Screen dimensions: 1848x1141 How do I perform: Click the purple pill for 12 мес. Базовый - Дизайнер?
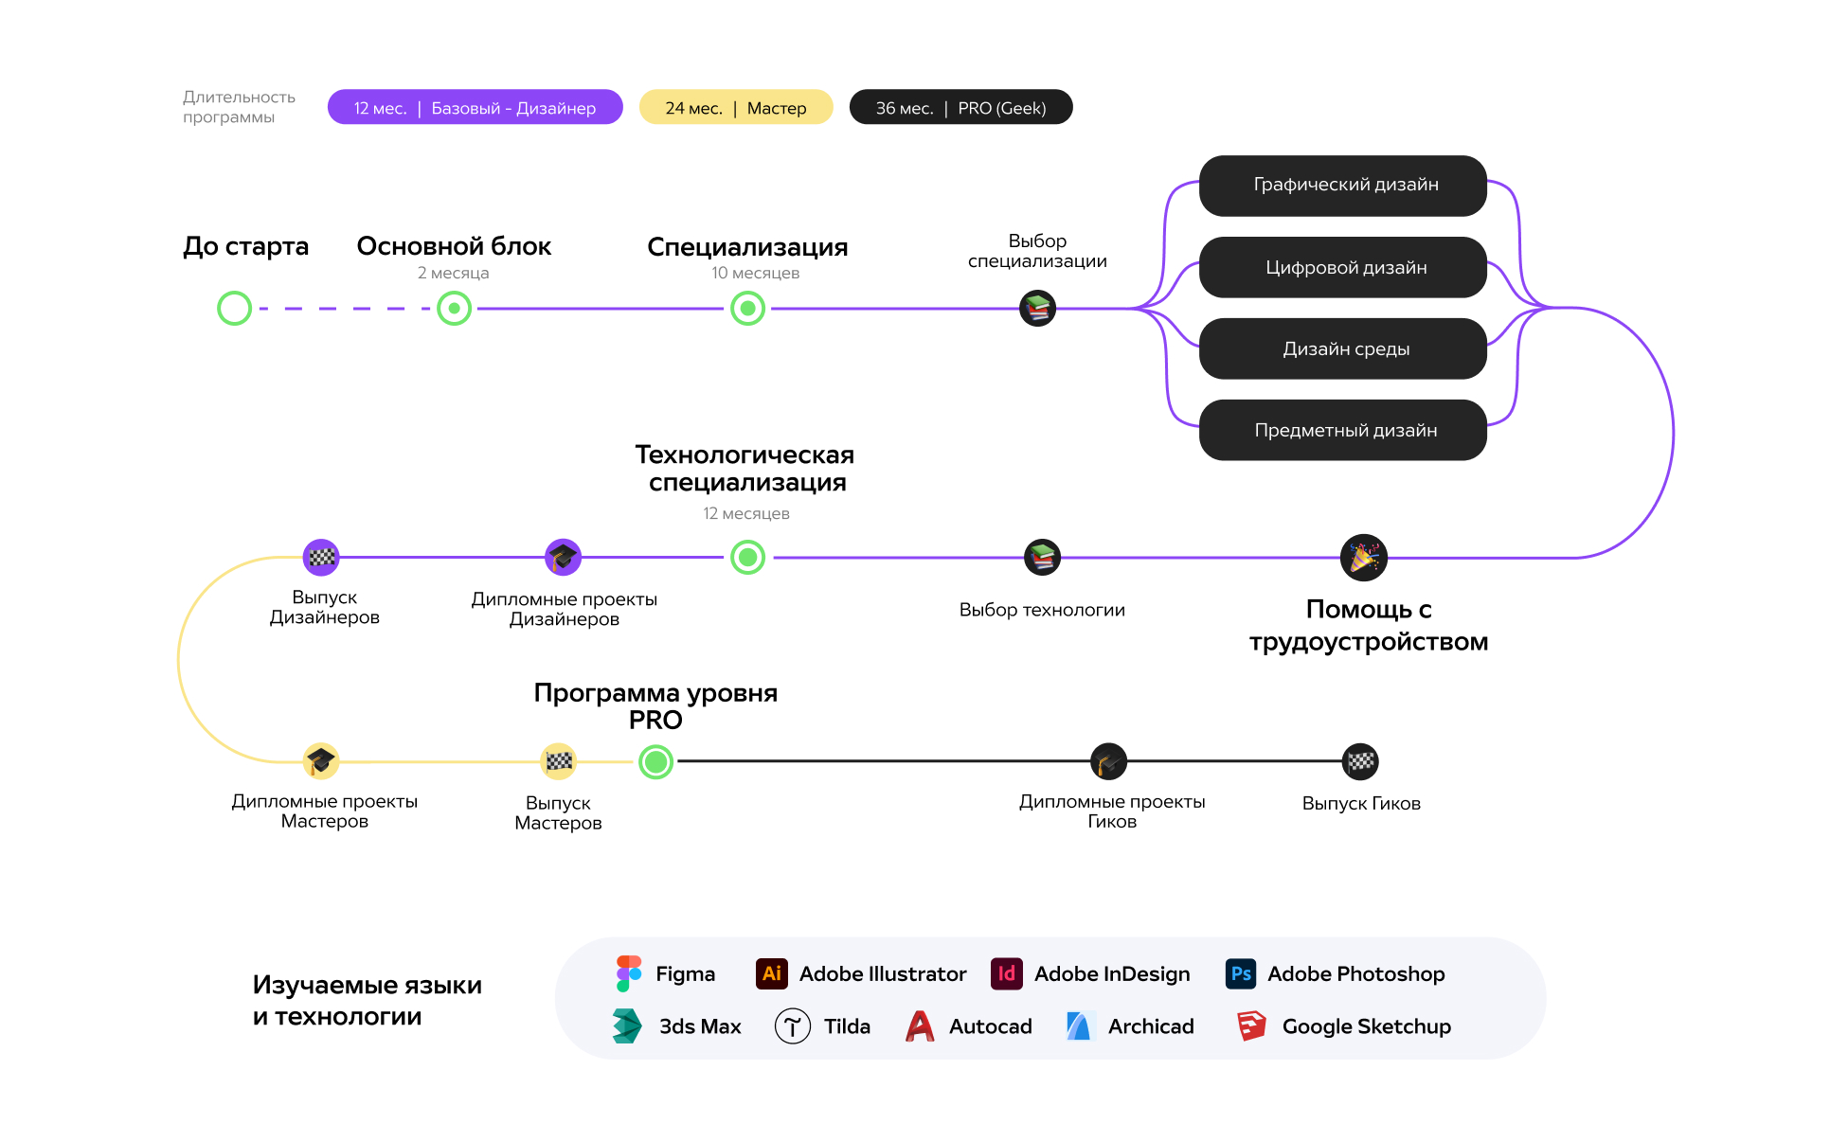coord(475,107)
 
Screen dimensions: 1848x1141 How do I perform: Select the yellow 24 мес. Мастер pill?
coord(736,107)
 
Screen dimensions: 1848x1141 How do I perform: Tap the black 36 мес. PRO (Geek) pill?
coord(960,107)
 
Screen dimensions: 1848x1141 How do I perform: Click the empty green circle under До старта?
coord(234,292)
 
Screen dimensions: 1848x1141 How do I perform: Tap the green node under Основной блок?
coord(455,309)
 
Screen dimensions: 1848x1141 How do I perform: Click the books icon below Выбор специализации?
coord(1037,309)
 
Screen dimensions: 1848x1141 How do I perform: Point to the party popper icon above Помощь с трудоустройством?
coord(1364,558)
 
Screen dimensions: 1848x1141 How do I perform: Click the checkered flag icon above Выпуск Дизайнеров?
coord(321,558)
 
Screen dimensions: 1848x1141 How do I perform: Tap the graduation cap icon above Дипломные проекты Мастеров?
coord(321,761)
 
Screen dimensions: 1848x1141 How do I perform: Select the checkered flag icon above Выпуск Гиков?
coord(1361,761)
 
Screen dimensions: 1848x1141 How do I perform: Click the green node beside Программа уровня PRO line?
coord(655,761)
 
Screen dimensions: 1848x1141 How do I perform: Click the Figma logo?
coord(629,973)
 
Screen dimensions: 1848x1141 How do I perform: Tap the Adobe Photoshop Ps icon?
coord(1241,973)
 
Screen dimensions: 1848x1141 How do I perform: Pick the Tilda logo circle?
coord(793,1025)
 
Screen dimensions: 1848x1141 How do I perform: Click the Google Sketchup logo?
coord(1252,1025)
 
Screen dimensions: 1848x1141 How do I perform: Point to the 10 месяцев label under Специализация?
coord(756,273)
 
